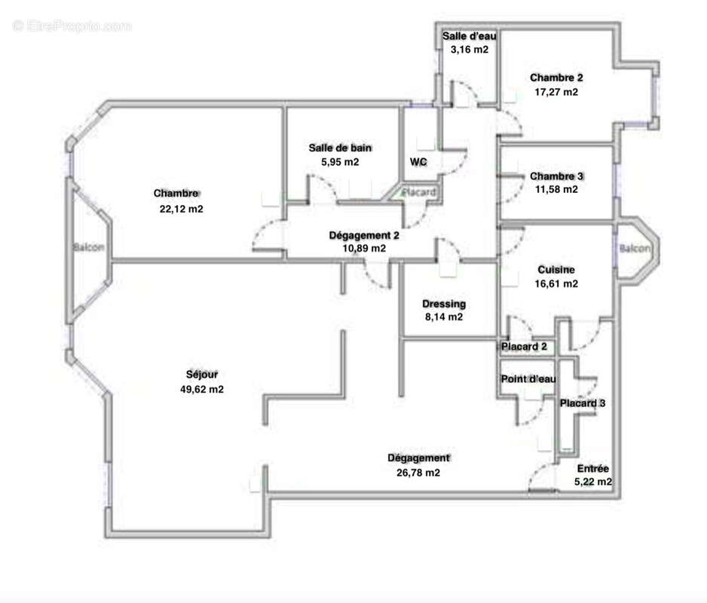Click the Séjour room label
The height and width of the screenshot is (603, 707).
pos(201,375)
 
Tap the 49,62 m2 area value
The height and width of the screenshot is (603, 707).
pos(201,389)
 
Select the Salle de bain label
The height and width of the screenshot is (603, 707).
pos(340,148)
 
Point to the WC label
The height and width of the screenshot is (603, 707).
pos(418,162)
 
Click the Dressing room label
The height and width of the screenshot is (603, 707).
pos(444,304)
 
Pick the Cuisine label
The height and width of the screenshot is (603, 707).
pos(556,270)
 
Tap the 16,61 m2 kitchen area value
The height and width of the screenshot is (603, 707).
pos(556,283)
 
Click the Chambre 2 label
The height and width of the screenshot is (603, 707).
pos(556,78)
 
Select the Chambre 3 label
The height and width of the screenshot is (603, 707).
pos(556,176)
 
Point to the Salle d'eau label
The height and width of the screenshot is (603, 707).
pos(469,36)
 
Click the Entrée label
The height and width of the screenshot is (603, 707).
pos(592,469)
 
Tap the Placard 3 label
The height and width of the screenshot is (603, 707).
pos(582,403)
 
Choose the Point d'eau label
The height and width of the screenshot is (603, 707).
pos(528,379)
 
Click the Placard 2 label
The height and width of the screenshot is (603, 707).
pos(524,347)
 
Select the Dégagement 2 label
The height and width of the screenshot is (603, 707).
pos(363,235)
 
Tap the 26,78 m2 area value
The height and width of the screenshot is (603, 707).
pos(418,473)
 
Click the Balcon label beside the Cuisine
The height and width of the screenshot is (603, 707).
pos(635,248)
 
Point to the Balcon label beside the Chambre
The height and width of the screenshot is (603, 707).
pos(89,247)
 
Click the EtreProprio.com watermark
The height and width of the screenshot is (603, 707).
pos(72,26)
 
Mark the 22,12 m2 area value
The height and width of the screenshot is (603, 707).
pos(181,209)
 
